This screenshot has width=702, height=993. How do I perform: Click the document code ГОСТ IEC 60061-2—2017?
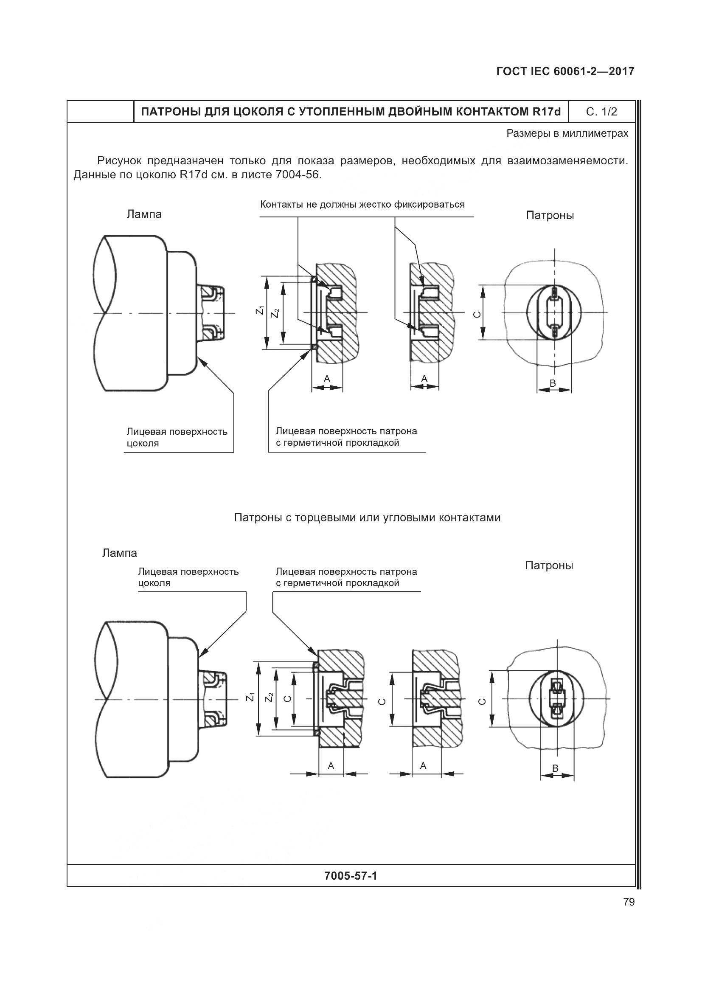pyautogui.click(x=565, y=72)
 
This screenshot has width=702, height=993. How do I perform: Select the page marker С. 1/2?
pyautogui.click(x=601, y=112)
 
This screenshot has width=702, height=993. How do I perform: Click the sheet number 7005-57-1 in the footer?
pyautogui.click(x=351, y=876)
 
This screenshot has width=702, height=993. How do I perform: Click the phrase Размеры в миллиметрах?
pyautogui.click(x=567, y=134)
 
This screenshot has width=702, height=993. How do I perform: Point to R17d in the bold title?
pyautogui.click(x=547, y=112)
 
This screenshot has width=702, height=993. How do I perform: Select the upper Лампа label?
pyautogui.click(x=144, y=214)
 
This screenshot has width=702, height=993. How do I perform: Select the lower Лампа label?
pyautogui.click(x=119, y=553)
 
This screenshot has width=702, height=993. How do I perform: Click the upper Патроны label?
pyautogui.click(x=550, y=215)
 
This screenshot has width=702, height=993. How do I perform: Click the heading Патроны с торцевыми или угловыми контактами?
pyautogui.click(x=367, y=518)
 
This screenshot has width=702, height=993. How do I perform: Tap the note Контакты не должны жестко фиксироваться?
pyautogui.click(x=362, y=205)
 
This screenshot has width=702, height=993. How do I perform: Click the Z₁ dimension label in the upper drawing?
pyautogui.click(x=260, y=310)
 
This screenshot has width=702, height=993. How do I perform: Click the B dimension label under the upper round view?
pyautogui.click(x=553, y=383)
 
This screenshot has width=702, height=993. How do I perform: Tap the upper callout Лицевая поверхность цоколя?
pyautogui.click(x=177, y=437)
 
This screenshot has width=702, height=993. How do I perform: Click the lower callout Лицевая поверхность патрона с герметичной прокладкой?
pyautogui.click(x=346, y=577)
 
